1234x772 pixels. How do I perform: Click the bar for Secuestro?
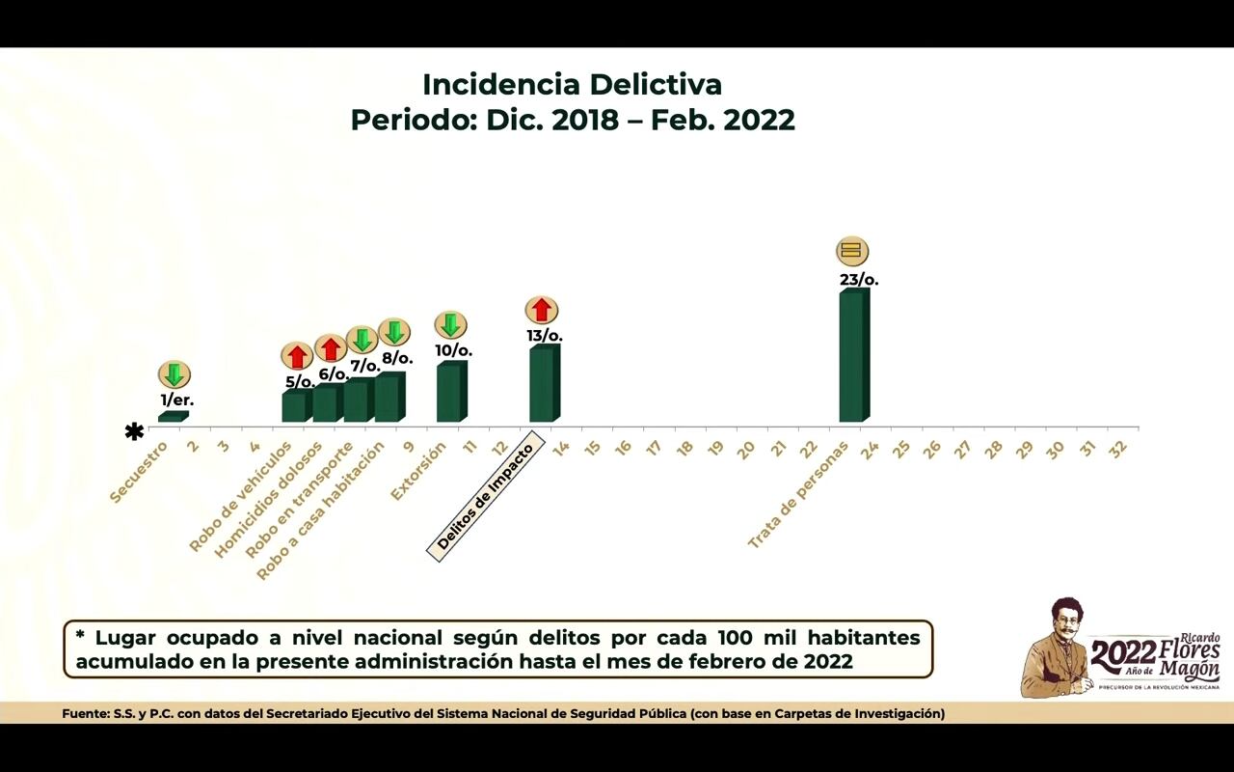point(173,417)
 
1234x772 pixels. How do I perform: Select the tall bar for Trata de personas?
point(853,356)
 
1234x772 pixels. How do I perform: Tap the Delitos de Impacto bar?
point(544,384)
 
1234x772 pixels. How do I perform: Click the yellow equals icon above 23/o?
point(851,252)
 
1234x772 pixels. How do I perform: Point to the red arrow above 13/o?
point(542,310)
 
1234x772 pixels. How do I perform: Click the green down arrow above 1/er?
point(174,374)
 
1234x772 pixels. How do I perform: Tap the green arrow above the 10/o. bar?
point(450,325)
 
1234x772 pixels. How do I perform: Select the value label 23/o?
point(859,280)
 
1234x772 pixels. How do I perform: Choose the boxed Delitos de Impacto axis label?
point(486,497)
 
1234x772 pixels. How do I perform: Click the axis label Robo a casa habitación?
point(320,510)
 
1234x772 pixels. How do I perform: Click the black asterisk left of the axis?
point(134,431)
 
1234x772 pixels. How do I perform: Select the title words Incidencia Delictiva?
point(572,84)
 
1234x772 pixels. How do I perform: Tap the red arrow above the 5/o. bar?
point(297,356)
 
